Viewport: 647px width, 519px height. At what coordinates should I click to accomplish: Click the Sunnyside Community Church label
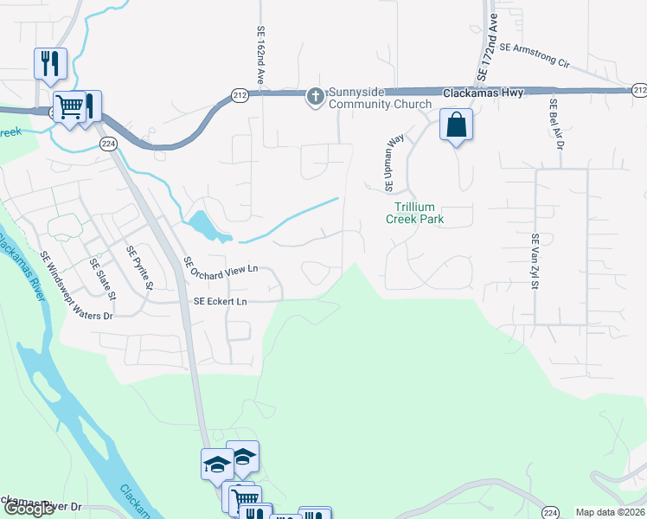click(x=379, y=98)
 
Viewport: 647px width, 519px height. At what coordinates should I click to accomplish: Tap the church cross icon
click(x=316, y=97)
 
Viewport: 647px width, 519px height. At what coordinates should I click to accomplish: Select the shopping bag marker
click(x=456, y=125)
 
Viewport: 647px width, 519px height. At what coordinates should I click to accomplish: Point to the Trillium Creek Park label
click(x=420, y=213)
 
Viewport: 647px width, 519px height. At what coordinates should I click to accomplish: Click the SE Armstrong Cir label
click(x=535, y=56)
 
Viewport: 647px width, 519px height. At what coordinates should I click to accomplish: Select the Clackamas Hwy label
click(x=483, y=93)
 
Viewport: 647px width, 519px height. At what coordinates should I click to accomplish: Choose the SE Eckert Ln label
click(x=221, y=302)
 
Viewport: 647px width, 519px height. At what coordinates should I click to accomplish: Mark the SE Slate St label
click(x=103, y=279)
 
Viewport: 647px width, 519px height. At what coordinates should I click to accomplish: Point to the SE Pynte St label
click(x=139, y=268)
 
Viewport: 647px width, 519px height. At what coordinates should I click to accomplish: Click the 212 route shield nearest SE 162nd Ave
click(x=240, y=96)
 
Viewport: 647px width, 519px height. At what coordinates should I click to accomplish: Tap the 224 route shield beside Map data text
click(x=550, y=512)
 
